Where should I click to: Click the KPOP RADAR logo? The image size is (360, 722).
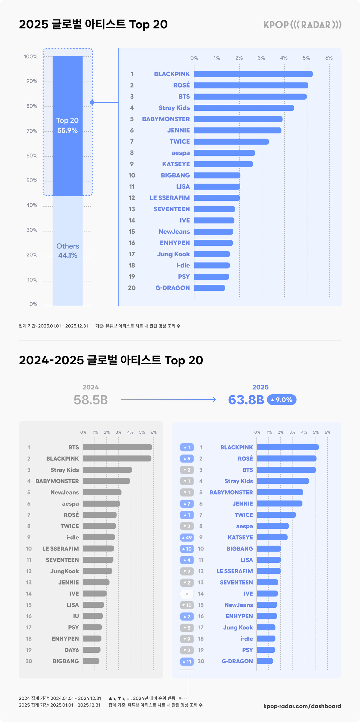pyautogui.click(x=302, y=25)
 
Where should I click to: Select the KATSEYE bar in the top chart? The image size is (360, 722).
pyautogui.click(x=223, y=164)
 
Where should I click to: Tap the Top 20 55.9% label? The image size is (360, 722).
pyautogui.click(x=67, y=125)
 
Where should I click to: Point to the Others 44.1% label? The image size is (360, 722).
pyautogui.click(x=67, y=251)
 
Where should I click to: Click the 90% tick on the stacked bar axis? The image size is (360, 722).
pyautogui.click(x=32, y=81)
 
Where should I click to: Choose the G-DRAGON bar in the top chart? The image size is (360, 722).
pyautogui.click(x=209, y=288)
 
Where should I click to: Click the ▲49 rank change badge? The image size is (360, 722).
pyautogui.click(x=187, y=537)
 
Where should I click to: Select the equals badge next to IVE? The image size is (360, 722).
pyautogui.click(x=187, y=594)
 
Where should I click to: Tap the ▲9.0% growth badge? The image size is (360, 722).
pyautogui.click(x=281, y=400)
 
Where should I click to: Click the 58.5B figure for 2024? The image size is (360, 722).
pyautogui.click(x=91, y=400)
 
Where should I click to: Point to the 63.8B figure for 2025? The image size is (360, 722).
pyautogui.click(x=246, y=400)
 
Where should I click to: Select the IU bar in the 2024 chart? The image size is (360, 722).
pyautogui.click(x=93, y=616)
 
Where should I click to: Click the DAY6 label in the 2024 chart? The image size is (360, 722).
pyautogui.click(x=71, y=650)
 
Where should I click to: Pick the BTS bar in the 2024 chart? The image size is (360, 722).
pyautogui.click(x=117, y=447)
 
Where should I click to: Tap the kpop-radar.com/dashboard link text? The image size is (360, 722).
pyautogui.click(x=302, y=706)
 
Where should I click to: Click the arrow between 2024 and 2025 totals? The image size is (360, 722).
pyautogui.click(x=168, y=400)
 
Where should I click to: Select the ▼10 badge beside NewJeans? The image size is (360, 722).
pyautogui.click(x=187, y=605)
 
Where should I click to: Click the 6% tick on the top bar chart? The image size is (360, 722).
pyautogui.click(x=329, y=58)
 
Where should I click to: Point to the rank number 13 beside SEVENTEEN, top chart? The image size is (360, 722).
pyautogui.click(x=132, y=209)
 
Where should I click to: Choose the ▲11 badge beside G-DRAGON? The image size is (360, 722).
pyautogui.click(x=187, y=661)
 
